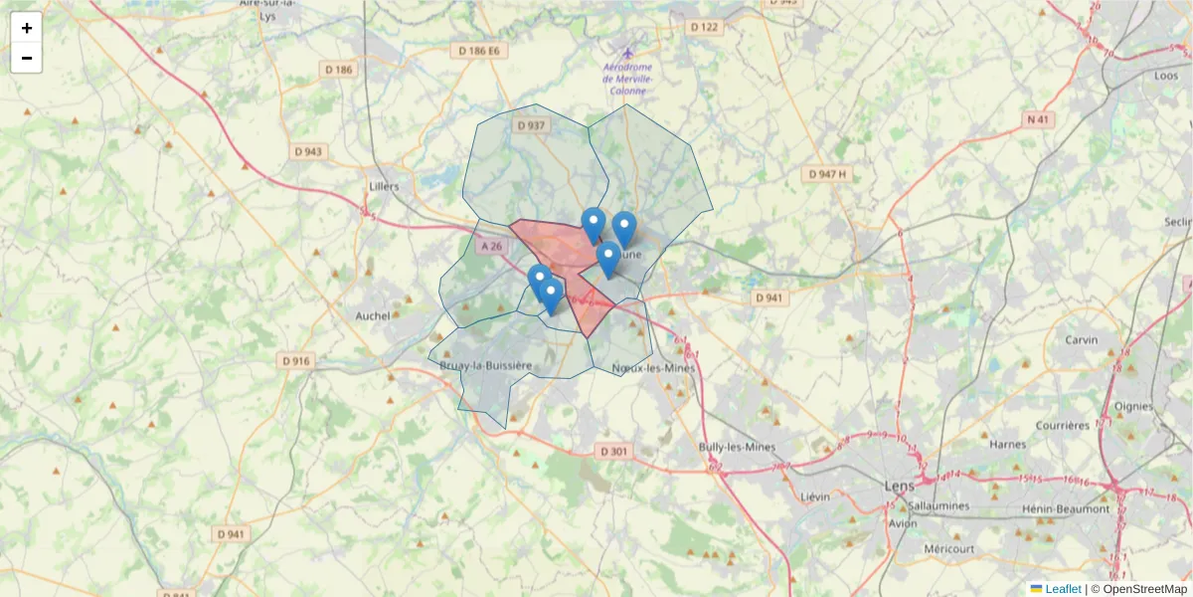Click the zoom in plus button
point(26,28)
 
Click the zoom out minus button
point(26,58)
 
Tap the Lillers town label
point(383,186)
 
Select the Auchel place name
point(373,315)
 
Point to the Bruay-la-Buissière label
point(485,366)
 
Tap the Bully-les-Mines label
point(737,447)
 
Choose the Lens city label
point(899,486)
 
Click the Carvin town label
point(1081,339)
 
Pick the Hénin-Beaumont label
point(1065,508)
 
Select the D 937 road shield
point(531,125)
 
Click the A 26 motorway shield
point(492,246)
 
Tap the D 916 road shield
point(296,360)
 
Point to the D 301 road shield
point(614,451)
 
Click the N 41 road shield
point(1038,119)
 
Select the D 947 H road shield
point(827,174)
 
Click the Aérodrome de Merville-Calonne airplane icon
point(626,53)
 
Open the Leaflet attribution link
point(1063,589)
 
